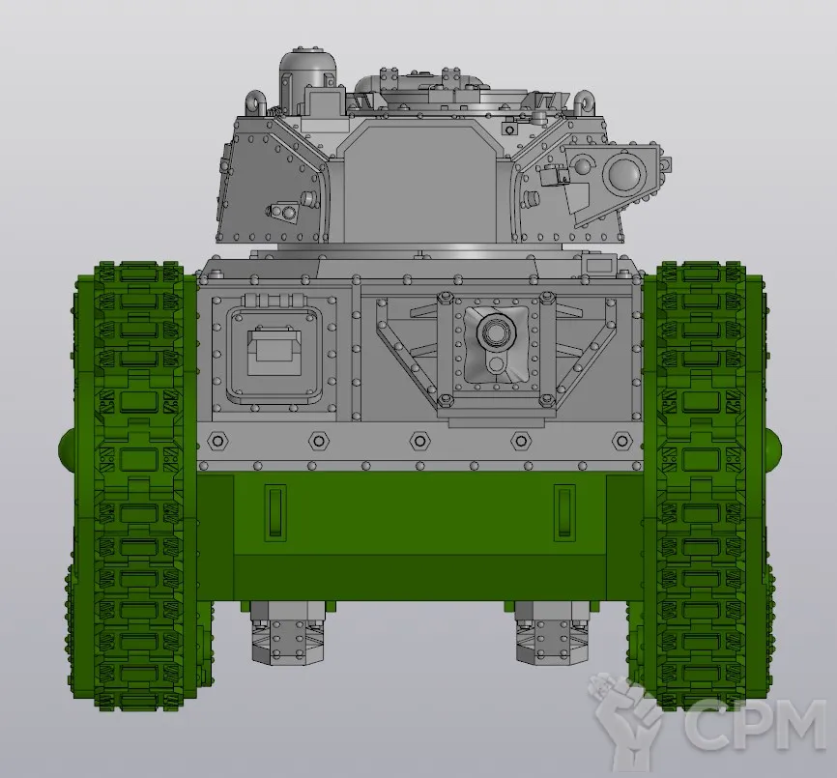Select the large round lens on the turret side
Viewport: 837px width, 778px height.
pos(623,173)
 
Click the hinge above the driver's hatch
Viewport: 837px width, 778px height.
pos(274,300)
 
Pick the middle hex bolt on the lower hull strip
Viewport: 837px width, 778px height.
pos(420,442)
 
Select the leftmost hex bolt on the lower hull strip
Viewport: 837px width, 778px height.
pos(217,442)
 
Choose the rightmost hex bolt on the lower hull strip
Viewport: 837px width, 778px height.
pos(621,442)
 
